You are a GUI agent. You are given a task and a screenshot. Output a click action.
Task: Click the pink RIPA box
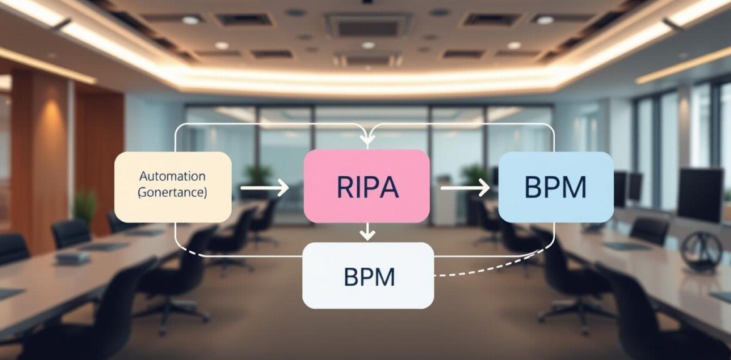(367, 186)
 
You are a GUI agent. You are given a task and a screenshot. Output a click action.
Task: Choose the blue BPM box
(555, 187)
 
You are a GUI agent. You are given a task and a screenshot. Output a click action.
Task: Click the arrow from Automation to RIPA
(264, 187)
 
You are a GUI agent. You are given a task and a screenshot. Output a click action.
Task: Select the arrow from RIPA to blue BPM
(465, 187)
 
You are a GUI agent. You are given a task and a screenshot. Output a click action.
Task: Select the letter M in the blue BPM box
(575, 187)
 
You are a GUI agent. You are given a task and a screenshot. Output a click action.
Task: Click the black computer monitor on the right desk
(699, 194)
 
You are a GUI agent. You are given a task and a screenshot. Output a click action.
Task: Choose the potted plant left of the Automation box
(86, 206)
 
